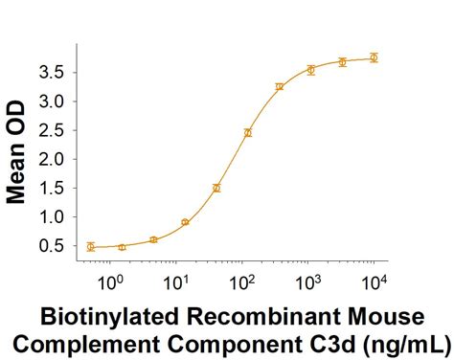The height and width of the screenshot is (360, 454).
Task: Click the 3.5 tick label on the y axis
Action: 53,72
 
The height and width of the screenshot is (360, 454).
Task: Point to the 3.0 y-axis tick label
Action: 53,101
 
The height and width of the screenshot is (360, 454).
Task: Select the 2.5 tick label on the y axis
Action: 53,130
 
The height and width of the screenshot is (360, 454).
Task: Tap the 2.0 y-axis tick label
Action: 53,159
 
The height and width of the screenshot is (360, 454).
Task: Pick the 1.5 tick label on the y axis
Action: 53,188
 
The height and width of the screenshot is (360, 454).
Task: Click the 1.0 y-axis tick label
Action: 53,217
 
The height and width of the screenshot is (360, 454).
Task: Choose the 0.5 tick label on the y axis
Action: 53,246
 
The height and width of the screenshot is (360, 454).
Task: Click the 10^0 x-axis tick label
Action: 112,282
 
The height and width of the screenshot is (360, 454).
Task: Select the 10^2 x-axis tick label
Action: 242,282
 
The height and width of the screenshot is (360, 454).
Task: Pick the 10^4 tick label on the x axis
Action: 374,282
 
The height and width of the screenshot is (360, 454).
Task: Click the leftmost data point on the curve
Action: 90,247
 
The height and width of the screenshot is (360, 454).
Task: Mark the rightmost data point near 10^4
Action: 374,57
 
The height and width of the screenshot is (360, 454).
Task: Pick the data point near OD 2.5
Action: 248,132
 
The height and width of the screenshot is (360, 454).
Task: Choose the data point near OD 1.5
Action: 216,188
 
